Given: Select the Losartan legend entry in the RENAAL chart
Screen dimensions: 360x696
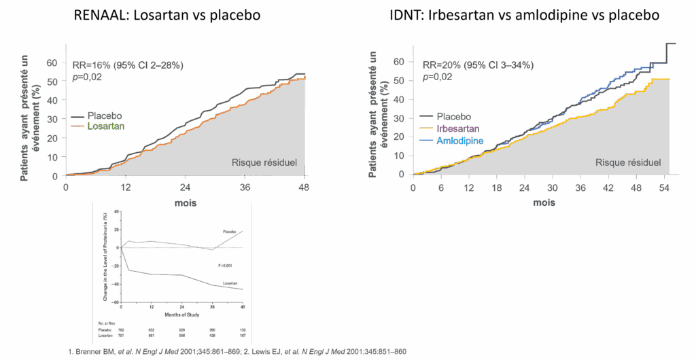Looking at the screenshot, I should tap(106, 126).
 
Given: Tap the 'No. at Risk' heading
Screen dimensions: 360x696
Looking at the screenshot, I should tap(107, 322).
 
